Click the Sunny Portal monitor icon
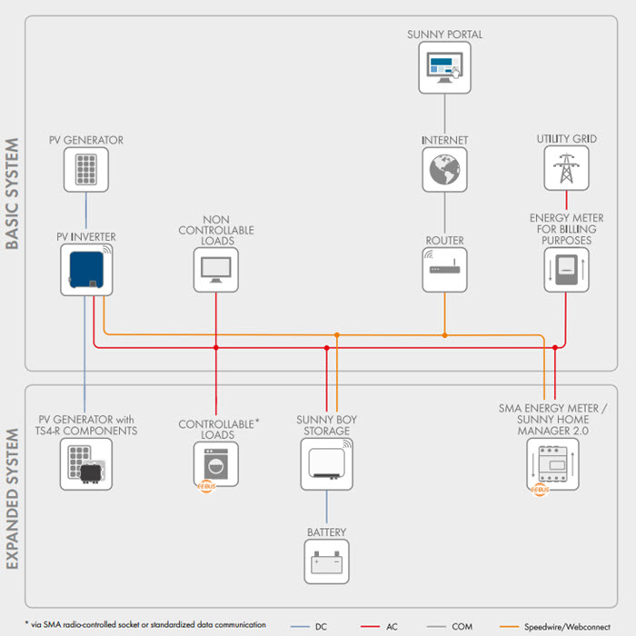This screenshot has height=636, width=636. coord(444,67)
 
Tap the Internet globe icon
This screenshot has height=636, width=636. coord(444,169)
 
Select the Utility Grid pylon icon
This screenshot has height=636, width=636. coord(566,168)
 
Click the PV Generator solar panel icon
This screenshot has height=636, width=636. coord(86,169)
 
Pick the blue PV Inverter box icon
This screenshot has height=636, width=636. coord(86,270)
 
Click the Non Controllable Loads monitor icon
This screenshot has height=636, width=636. coord(216,270)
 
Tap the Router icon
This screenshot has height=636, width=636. coord(444,270)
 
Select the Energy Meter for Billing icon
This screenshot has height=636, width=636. coord(566,270)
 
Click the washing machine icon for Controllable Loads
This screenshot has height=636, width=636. coord(216,464)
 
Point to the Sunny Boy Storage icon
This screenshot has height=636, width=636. coord(326,464)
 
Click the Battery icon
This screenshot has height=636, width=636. coord(326,561)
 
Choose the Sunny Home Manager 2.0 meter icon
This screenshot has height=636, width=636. coord(552,464)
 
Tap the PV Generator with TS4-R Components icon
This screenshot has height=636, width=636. coord(86,464)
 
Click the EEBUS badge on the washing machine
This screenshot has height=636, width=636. coord(206,486)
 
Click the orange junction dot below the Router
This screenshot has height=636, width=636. coord(445,335)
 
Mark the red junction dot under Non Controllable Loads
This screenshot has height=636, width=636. coord(216,348)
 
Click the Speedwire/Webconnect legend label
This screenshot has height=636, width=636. coord(567,627)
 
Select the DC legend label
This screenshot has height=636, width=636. coord(321,627)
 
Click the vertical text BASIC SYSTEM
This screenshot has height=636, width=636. coord(12,194)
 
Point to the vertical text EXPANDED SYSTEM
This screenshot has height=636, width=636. coord(12,499)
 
